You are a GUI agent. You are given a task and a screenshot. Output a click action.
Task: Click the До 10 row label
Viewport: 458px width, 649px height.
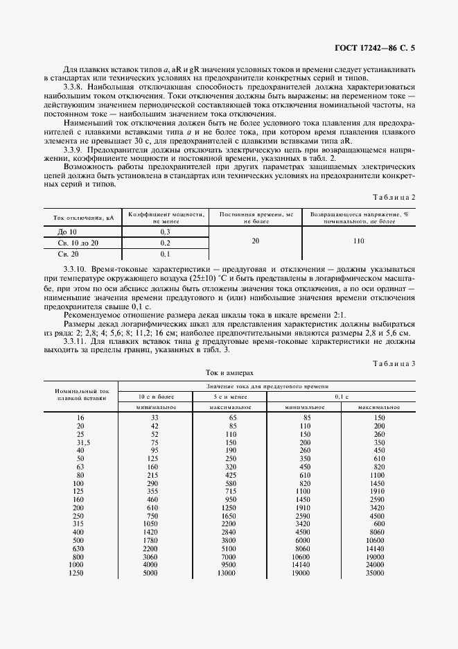[67, 230]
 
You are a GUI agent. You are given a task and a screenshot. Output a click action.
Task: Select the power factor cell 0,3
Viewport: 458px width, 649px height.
[165, 230]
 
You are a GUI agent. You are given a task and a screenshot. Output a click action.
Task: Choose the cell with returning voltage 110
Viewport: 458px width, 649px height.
[358, 242]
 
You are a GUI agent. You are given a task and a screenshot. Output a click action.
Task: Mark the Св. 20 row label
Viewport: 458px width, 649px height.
[67, 254]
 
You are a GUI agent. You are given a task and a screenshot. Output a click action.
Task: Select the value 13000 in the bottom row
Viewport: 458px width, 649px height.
[227, 573]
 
